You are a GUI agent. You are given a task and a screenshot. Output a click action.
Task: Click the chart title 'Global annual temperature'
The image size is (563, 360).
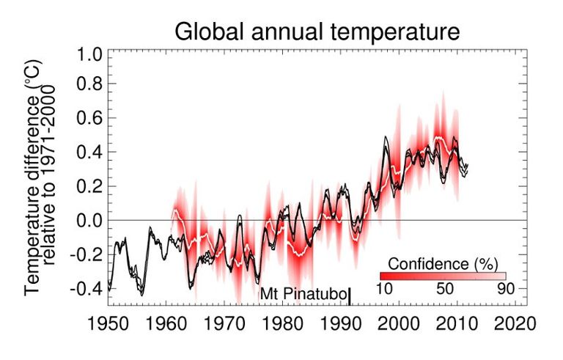click(316, 32)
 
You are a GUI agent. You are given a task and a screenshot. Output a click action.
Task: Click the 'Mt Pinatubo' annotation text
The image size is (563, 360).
click(303, 293)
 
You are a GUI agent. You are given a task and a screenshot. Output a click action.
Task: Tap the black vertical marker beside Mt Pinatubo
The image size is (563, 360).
click(350, 295)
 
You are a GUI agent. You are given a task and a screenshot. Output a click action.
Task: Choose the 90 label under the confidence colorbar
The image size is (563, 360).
click(505, 289)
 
